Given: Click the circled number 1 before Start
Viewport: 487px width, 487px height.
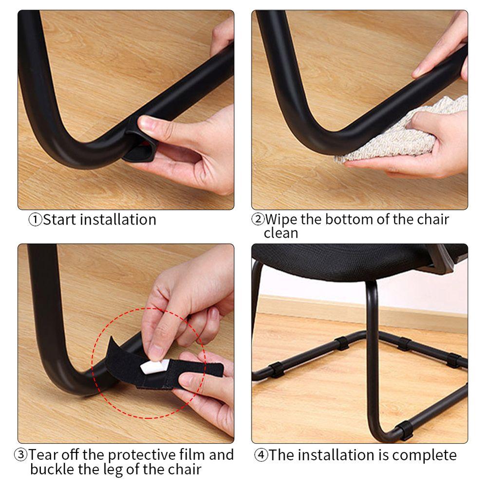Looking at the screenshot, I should coord(35,220).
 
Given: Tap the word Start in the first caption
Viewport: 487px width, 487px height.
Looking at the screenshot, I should coord(60,220).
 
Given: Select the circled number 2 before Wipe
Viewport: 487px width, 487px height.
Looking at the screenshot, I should coord(257,219).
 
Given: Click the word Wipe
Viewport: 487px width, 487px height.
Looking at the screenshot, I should coord(281,219).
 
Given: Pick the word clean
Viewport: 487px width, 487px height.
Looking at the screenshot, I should coord(281,233).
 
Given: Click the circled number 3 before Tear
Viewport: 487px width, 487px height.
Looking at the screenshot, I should coord(20,455).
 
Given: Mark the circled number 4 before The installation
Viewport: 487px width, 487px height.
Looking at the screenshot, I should coord(261,455).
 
